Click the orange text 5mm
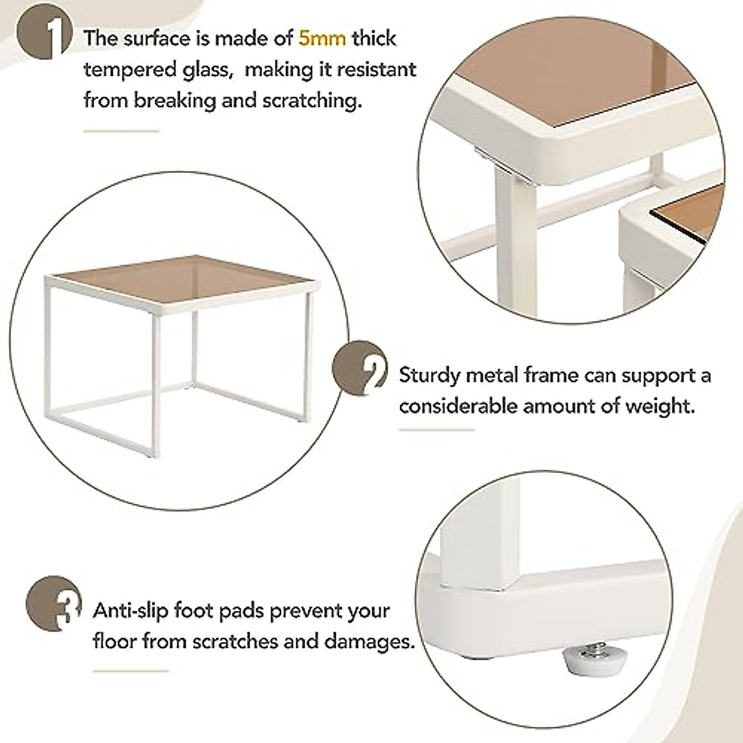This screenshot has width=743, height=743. coord(322,38)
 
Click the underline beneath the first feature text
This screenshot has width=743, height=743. coord(121,131)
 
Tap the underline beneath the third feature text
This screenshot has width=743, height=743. coord(131,671)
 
